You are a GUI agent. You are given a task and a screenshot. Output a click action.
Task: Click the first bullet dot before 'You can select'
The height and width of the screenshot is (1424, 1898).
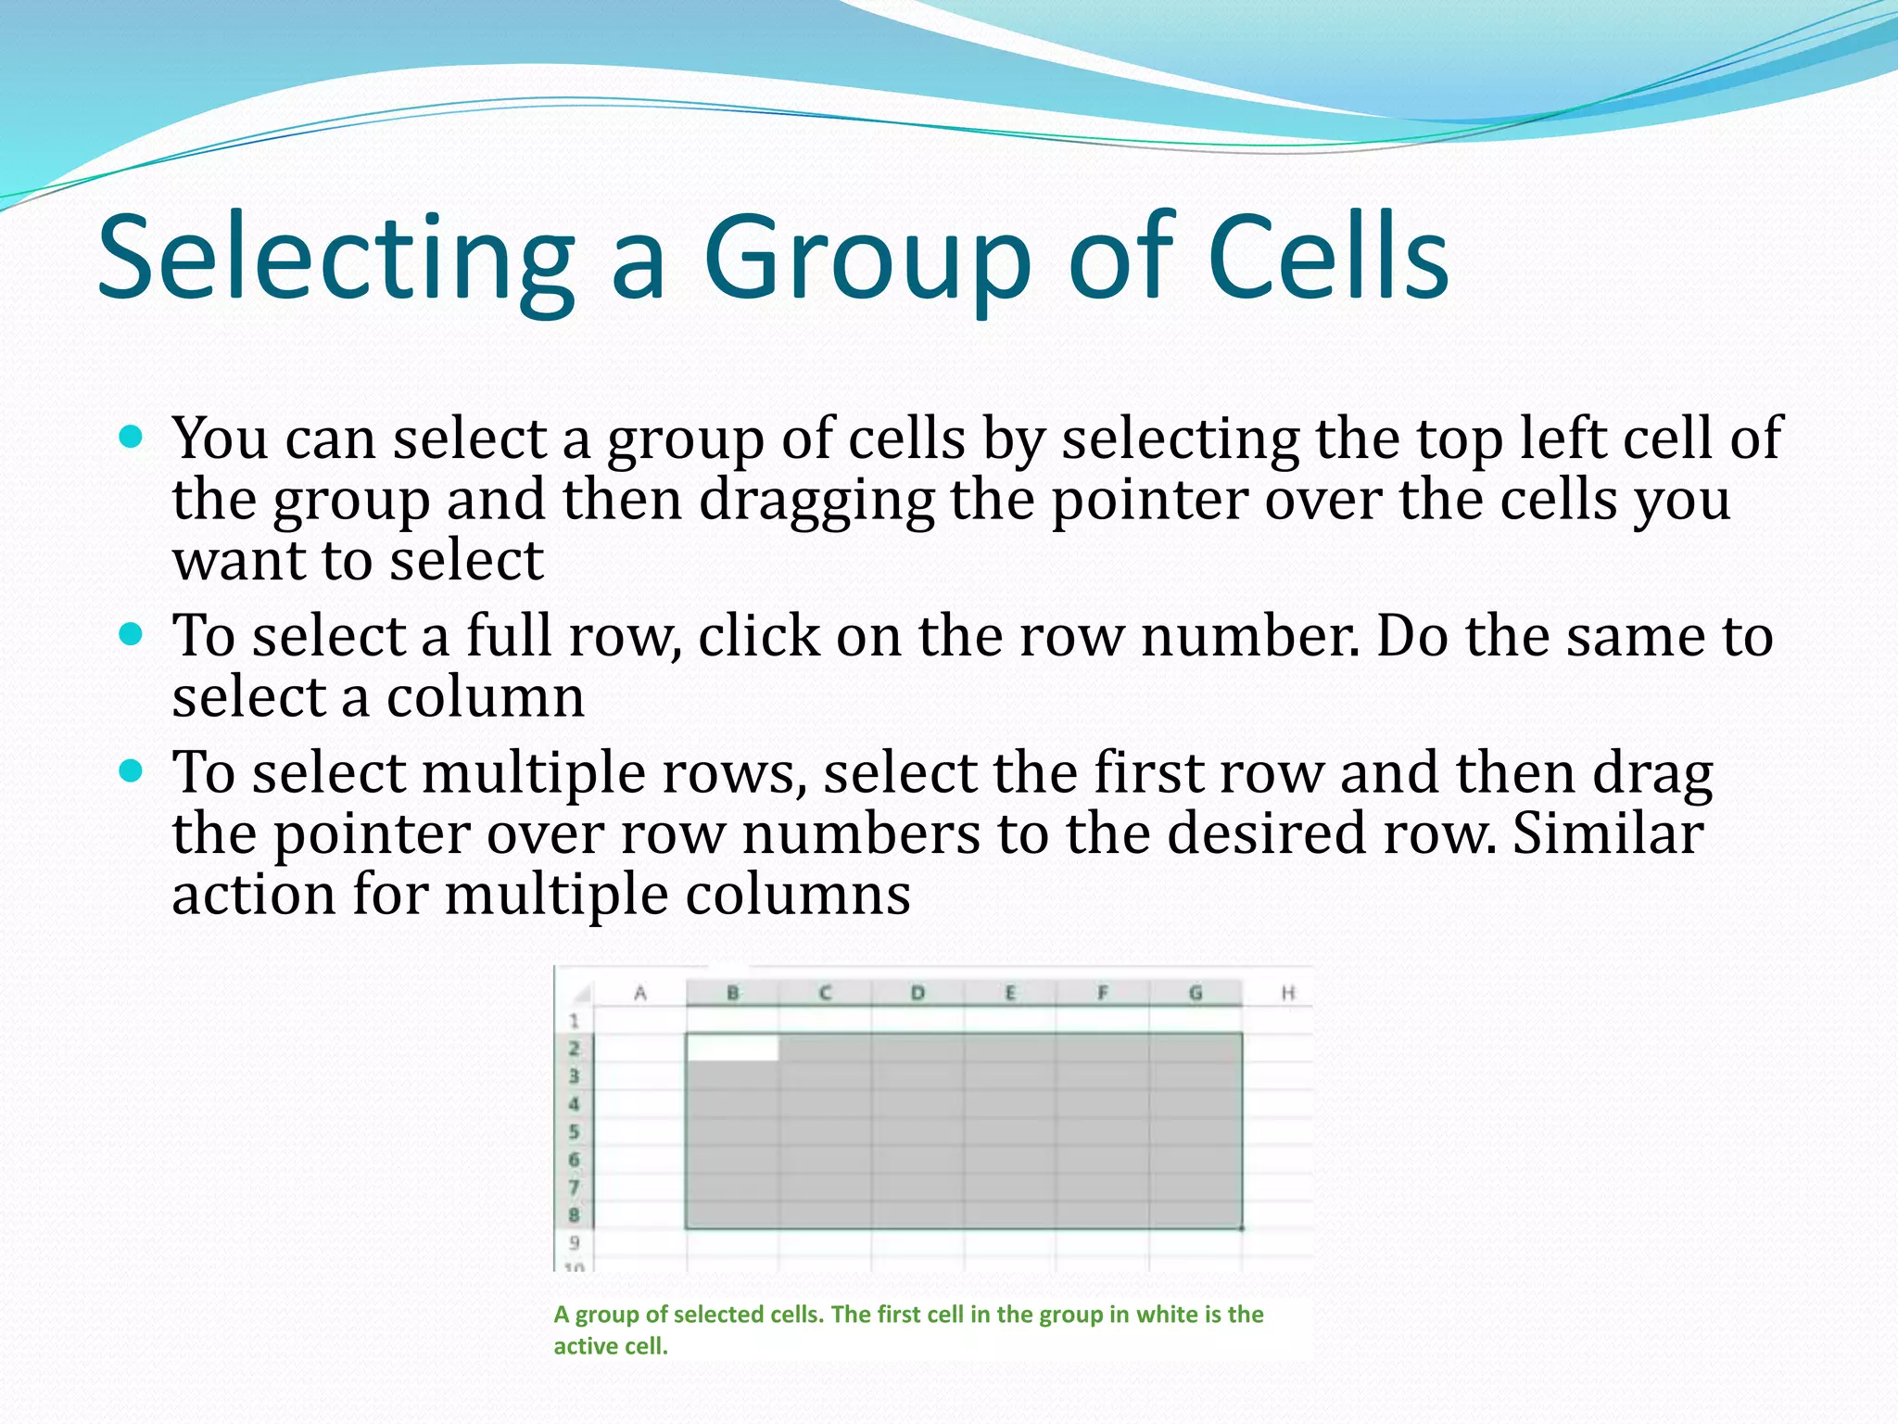(132, 437)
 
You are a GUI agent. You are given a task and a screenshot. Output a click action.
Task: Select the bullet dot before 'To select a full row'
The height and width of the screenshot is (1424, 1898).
(132, 635)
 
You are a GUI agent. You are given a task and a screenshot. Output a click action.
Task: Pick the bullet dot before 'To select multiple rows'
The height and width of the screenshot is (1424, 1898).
(132, 771)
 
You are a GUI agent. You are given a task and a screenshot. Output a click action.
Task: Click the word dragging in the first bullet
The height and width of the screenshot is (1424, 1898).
(816, 501)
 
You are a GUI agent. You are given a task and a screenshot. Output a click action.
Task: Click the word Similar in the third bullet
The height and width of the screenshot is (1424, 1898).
(1607, 833)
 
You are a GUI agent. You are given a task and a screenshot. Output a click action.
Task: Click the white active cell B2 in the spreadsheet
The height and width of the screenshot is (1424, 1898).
(732, 1048)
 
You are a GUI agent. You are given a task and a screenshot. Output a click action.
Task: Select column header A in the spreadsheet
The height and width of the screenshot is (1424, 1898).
(639, 993)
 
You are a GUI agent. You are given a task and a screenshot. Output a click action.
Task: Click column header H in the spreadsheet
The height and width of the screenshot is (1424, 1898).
(1287, 993)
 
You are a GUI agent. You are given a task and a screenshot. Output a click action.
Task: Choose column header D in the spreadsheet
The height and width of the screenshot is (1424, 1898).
(917, 993)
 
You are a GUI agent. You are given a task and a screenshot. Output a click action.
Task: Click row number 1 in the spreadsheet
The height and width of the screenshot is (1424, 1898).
(574, 1021)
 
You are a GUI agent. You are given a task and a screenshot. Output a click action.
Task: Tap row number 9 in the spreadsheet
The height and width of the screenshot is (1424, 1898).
(574, 1242)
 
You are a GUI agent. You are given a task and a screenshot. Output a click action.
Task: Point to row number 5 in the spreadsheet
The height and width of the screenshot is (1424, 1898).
(574, 1131)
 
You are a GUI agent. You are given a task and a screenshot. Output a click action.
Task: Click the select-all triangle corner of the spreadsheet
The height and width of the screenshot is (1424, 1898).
(581, 995)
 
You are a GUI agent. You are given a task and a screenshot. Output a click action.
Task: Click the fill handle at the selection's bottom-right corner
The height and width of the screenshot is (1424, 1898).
(1242, 1228)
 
